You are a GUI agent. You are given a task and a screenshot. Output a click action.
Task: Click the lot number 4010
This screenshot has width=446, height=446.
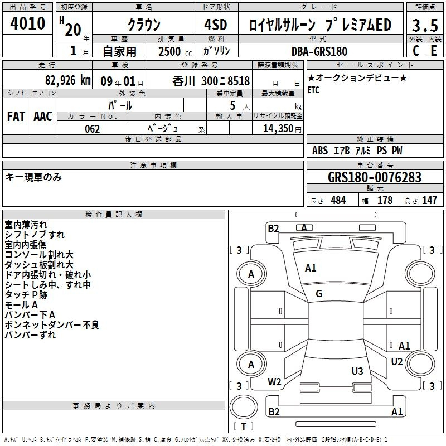coord(27,23)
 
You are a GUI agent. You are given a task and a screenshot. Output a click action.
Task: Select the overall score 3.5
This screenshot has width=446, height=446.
coord(425,25)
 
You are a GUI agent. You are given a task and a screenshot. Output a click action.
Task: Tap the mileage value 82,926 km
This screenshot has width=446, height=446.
coord(67,80)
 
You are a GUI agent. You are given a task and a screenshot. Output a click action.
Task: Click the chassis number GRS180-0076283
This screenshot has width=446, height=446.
coord(375,177)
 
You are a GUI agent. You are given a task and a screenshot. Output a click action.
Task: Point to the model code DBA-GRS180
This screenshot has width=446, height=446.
coord(319,51)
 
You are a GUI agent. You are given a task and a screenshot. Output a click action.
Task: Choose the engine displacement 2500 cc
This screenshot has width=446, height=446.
coord(175,51)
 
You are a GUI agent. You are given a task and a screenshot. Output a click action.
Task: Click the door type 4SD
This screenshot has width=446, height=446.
coord(216,25)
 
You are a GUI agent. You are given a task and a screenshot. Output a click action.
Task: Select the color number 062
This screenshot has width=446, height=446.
coord(93,129)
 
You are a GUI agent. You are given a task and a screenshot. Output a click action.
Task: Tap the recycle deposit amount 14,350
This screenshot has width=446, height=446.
coord(282,129)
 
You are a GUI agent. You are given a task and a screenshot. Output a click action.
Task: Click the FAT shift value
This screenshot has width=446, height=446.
coord(16,117)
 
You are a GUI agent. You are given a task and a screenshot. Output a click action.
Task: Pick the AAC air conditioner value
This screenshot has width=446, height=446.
coord(43,117)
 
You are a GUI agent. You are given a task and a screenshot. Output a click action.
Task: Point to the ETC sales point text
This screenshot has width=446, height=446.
coord(313,90)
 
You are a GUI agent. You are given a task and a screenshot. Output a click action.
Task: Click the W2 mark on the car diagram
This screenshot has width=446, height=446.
coord(274,382)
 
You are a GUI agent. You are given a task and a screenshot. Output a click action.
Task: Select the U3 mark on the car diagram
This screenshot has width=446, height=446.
coord(357,371)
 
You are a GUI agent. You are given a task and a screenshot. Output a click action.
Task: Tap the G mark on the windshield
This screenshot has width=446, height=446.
coord(319,294)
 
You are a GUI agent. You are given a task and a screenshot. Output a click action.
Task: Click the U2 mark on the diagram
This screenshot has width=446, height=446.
coord(397,362)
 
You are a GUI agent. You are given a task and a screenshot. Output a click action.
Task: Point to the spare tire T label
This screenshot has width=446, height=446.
coord(244,426)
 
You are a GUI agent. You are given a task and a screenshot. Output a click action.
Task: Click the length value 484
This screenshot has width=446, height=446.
coord(338,200)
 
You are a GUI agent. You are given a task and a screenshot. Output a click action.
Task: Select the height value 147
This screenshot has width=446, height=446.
coord(429,200)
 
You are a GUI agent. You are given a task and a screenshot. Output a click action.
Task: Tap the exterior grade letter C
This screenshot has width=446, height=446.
coord(416,51)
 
